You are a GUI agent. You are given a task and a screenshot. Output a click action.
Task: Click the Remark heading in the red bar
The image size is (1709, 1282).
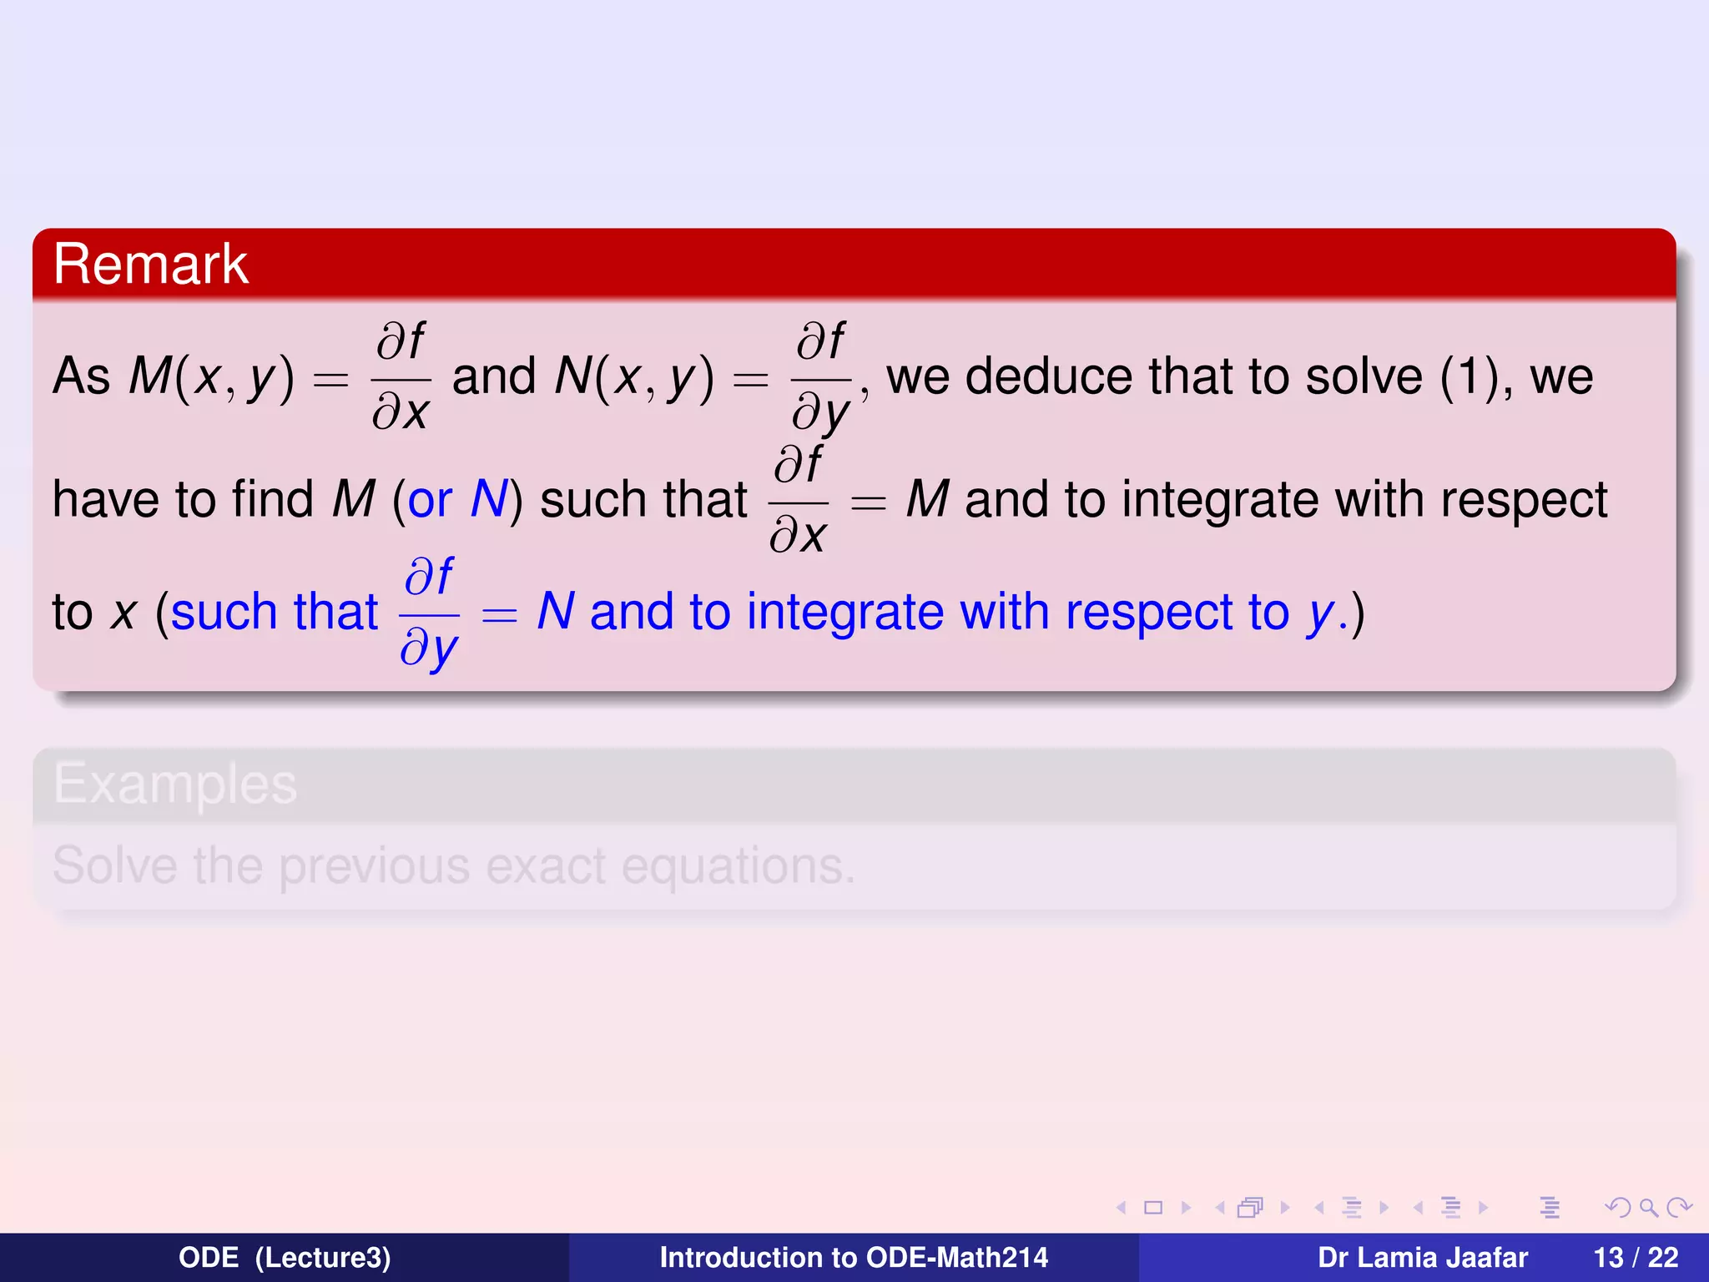[x=151, y=265]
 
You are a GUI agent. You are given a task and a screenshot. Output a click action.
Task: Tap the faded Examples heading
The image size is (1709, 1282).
[x=175, y=784]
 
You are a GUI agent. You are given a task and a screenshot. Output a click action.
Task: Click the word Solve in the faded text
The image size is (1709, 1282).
[x=115, y=866]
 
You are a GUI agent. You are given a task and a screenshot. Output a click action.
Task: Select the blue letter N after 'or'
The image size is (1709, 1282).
[x=489, y=499]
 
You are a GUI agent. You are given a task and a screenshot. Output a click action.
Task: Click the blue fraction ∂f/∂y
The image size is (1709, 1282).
[x=430, y=613]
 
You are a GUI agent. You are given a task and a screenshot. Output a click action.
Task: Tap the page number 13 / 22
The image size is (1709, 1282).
[x=1636, y=1257]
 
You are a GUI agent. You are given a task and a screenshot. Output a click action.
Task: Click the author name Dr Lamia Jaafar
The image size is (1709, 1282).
[x=1423, y=1257]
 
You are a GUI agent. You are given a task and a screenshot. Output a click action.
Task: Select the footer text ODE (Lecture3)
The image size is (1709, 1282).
[x=285, y=1257]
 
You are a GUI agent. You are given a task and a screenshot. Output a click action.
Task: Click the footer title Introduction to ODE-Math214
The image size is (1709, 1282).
[x=854, y=1257]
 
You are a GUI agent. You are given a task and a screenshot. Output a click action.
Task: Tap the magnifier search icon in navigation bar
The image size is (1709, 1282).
[x=1648, y=1207]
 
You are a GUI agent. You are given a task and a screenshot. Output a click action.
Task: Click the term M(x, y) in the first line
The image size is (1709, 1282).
[x=212, y=376]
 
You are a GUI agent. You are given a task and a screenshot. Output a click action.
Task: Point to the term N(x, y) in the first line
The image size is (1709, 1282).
[x=634, y=376]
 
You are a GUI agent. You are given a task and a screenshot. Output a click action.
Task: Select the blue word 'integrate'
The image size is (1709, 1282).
[x=844, y=612]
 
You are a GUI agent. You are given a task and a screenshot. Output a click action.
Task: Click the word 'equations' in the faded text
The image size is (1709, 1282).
[x=738, y=867]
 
